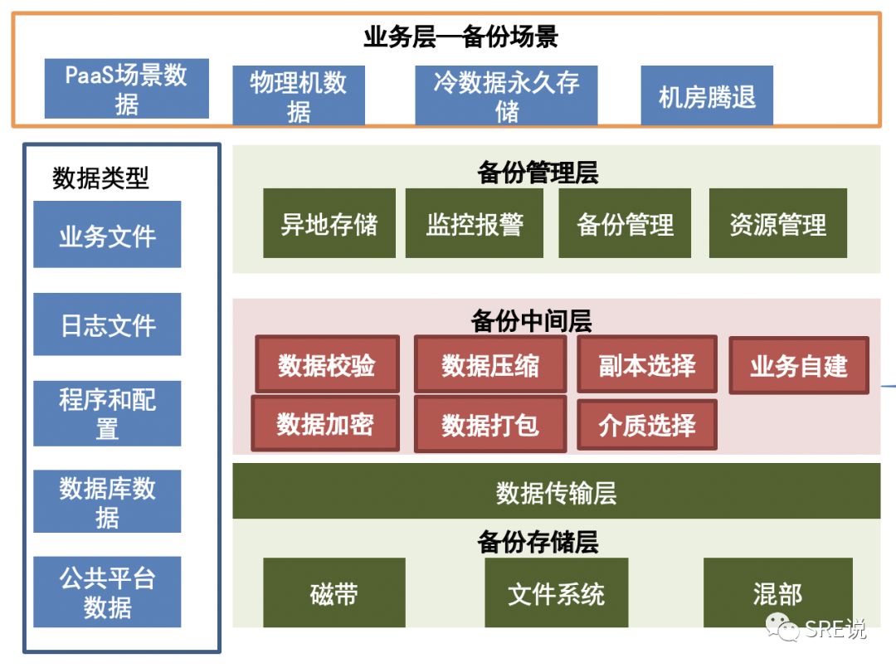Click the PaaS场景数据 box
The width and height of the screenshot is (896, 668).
[126, 89]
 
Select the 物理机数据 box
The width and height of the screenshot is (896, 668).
[299, 95]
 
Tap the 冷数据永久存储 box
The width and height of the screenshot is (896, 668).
[506, 95]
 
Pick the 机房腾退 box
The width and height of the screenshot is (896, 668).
[707, 96]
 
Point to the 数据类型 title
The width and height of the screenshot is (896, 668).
[100, 178]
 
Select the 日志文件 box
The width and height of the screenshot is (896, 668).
[107, 324]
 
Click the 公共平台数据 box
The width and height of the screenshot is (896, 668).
[107, 592]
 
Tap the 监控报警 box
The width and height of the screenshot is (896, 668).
[475, 223]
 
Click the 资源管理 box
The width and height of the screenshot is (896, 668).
[777, 223]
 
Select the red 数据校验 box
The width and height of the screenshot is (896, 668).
[327, 364]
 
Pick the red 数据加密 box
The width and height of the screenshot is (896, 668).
[325, 423]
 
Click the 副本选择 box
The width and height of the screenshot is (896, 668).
[647, 364]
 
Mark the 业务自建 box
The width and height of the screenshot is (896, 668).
[799, 365]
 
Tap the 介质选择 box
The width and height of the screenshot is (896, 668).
[647, 424]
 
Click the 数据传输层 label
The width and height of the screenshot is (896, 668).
[556, 492]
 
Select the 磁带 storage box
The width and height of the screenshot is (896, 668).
[334, 592]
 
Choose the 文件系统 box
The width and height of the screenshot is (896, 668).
[556, 592]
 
